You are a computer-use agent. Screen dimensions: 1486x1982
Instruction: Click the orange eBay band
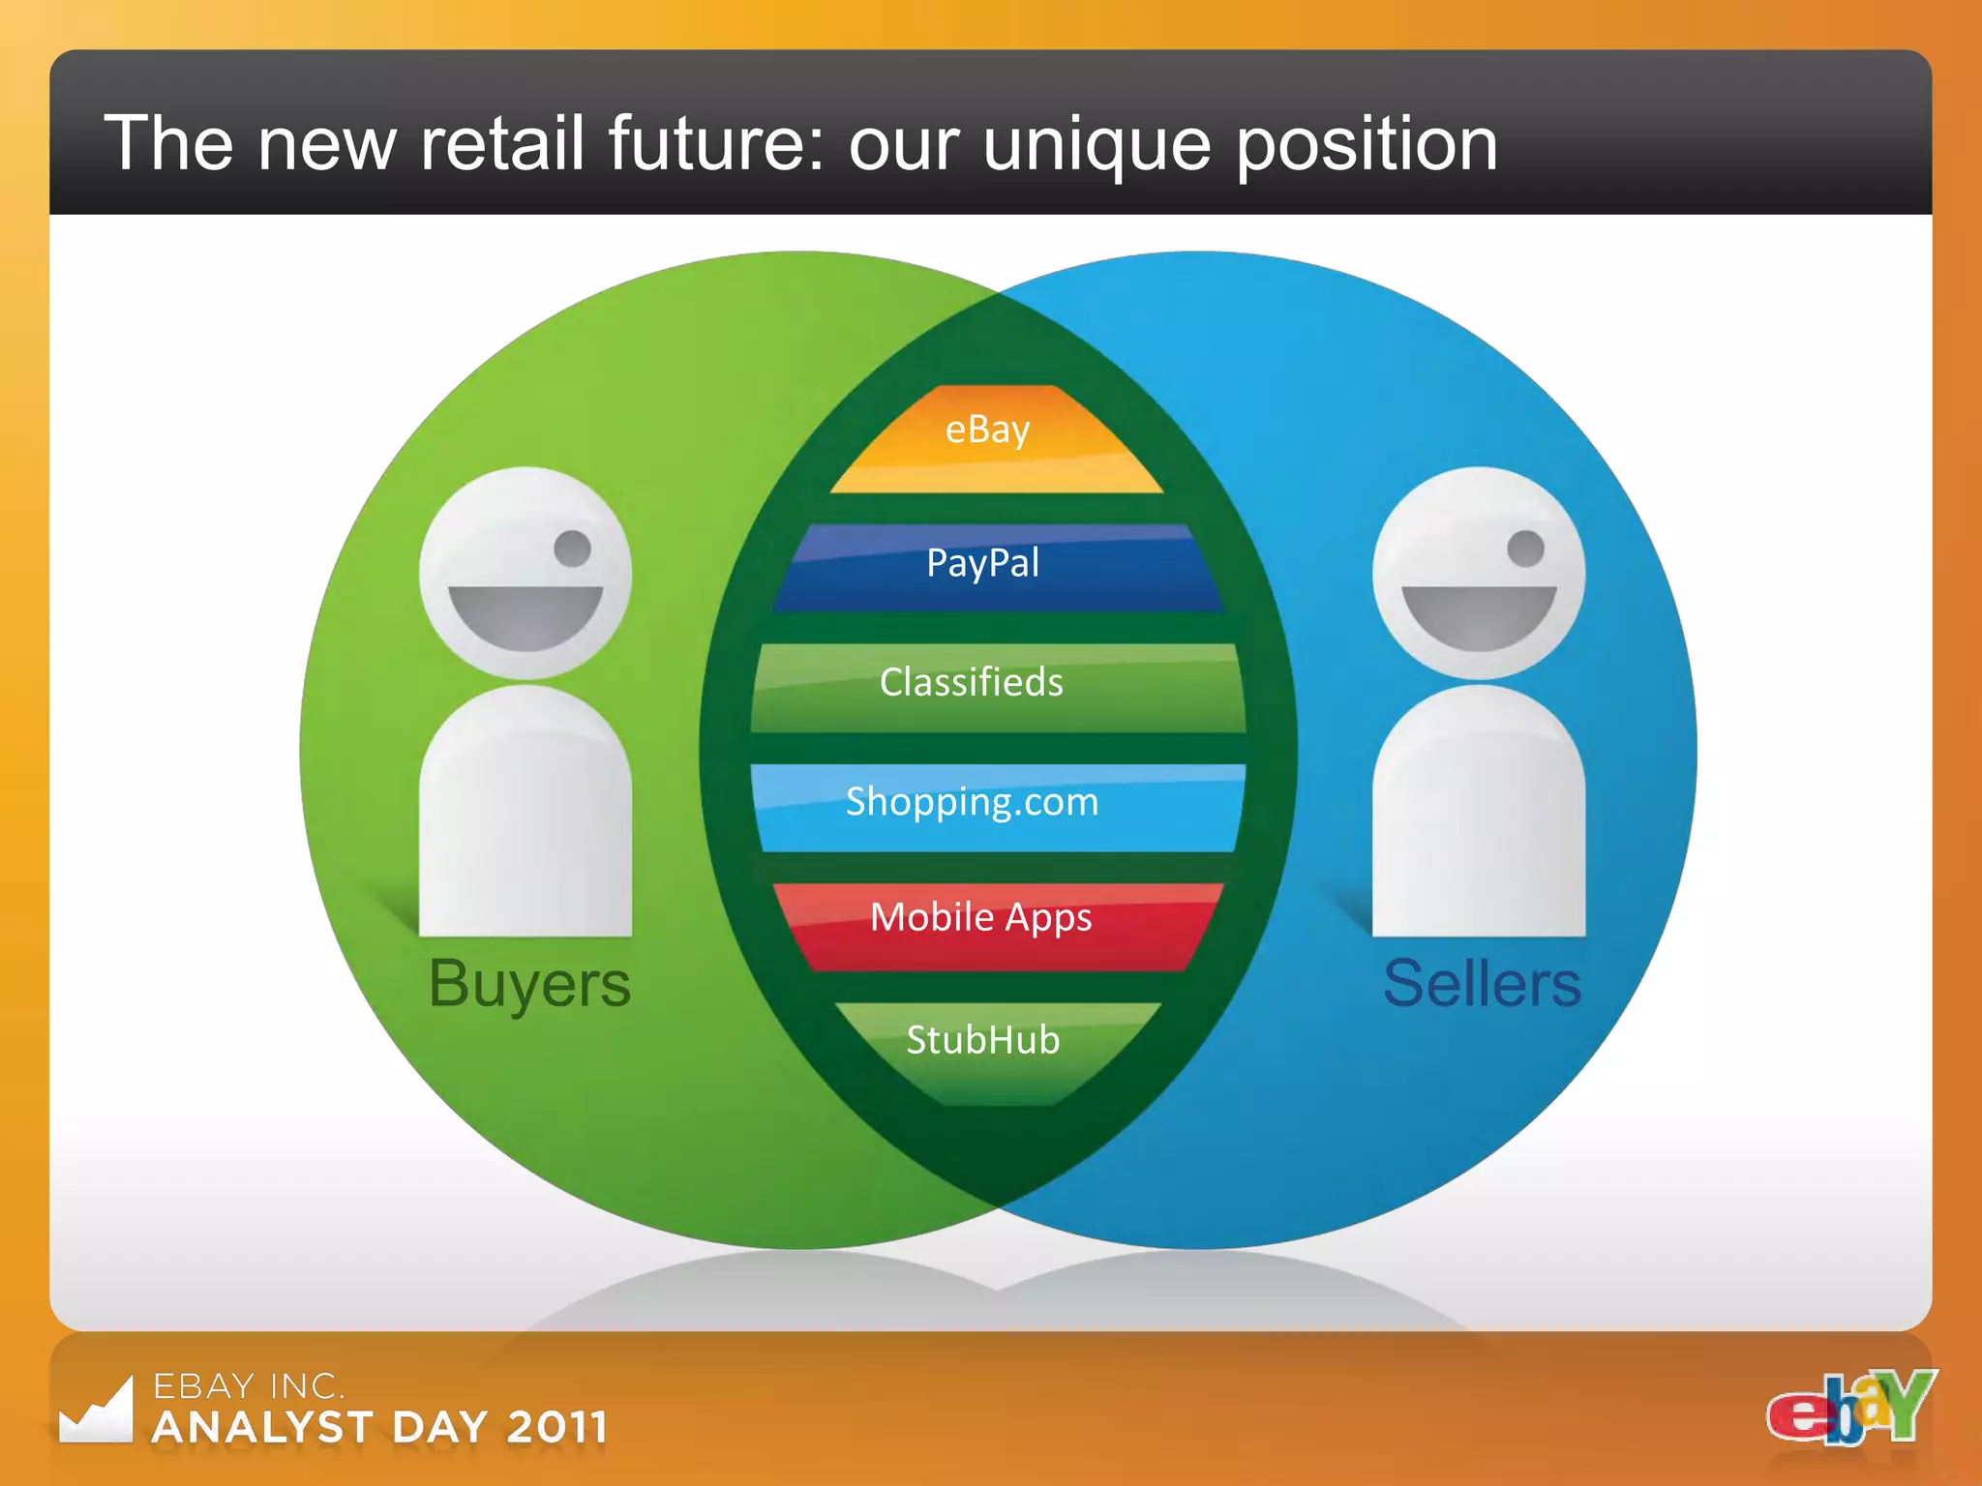click(x=995, y=440)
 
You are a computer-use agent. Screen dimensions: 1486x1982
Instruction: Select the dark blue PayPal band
click(x=997, y=568)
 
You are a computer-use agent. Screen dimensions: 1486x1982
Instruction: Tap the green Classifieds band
click(x=997, y=687)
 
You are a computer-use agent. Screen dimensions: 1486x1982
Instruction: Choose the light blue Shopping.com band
click(x=997, y=807)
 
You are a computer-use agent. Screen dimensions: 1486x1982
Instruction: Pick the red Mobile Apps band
click(x=997, y=925)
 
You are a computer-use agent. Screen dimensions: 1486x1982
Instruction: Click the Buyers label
click(x=529, y=985)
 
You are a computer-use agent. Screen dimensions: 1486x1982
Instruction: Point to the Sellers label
click(x=1482, y=985)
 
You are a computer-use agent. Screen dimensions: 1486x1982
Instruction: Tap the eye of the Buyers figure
click(x=572, y=549)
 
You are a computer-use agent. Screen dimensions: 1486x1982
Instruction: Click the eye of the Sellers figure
click(x=1525, y=549)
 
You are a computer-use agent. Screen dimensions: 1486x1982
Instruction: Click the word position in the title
click(x=1366, y=145)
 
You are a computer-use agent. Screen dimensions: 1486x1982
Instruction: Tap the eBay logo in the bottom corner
click(x=1850, y=1408)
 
